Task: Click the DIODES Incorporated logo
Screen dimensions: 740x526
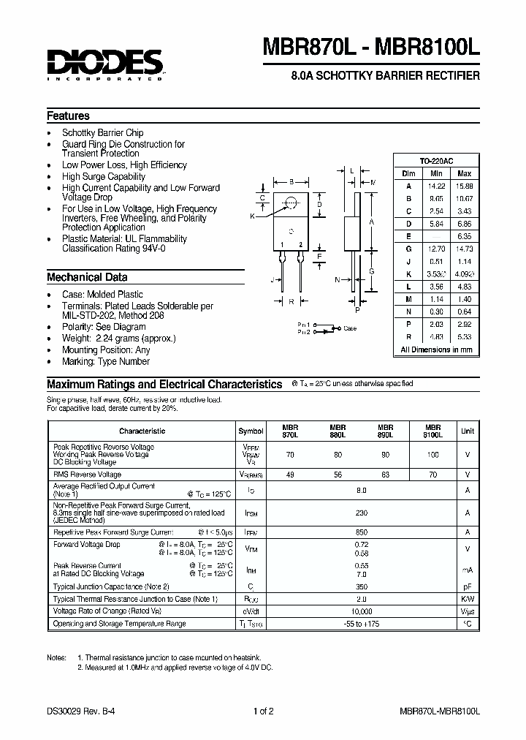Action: pos(106,64)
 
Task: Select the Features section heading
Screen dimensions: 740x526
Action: pos(68,116)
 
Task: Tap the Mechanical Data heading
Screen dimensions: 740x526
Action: pos(87,277)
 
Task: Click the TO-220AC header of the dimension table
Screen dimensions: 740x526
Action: pos(436,160)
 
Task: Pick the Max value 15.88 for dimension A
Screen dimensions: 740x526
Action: pos(463,186)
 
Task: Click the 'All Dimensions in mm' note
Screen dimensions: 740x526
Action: pos(436,350)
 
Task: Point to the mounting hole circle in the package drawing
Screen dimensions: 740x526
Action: pos(291,203)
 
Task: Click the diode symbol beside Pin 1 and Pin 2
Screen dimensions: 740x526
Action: pos(329,328)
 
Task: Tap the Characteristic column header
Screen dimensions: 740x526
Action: pos(142,431)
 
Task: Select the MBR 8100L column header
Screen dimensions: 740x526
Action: pos(432,431)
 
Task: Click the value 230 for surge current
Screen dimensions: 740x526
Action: pos(362,513)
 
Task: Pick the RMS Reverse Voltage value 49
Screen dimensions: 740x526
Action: pos(290,474)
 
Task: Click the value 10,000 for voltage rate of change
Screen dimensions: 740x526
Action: pos(362,611)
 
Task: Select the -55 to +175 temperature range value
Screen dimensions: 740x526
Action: pos(362,623)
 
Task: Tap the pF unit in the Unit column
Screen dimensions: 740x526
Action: pos(467,586)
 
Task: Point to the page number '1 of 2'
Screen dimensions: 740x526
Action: pos(263,711)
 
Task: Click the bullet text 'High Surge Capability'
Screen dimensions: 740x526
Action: pos(104,176)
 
